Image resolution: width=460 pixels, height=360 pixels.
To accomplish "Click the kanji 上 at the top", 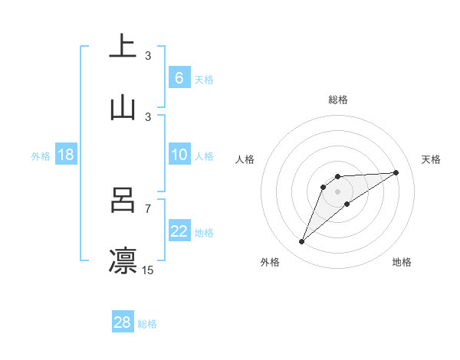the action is [x=123, y=47].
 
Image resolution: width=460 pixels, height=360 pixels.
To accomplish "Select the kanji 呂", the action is [x=123, y=200].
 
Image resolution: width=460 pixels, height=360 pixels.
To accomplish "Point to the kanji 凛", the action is [x=123, y=261].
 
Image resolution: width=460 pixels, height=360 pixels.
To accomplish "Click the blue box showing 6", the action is [x=179, y=78].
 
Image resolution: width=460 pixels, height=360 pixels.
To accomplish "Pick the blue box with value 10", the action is [x=179, y=155].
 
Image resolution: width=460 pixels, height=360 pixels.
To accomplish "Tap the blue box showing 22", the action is [x=179, y=232].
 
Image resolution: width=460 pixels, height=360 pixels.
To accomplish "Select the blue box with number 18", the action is [x=66, y=155].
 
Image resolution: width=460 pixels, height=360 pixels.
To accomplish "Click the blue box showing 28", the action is [x=123, y=322].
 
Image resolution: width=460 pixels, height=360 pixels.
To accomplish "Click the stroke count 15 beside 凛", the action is [x=148, y=270].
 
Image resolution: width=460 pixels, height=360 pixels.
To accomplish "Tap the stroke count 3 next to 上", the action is [x=148, y=55].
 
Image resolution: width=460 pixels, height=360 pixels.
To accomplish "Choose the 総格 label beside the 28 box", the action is [x=147, y=324].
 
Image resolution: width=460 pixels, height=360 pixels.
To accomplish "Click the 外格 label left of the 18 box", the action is [x=41, y=156].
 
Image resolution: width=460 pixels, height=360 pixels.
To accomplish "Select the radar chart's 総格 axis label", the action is [x=338, y=100].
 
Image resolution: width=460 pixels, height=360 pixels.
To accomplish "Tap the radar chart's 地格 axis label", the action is [x=402, y=262].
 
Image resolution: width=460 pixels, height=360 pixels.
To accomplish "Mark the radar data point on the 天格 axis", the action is [x=396, y=172].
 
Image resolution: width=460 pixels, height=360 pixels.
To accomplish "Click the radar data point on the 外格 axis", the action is [x=301, y=242].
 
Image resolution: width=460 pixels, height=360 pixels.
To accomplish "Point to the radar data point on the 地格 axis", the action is [x=347, y=203].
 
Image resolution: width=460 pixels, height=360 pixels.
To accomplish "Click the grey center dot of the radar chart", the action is [x=338, y=191].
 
